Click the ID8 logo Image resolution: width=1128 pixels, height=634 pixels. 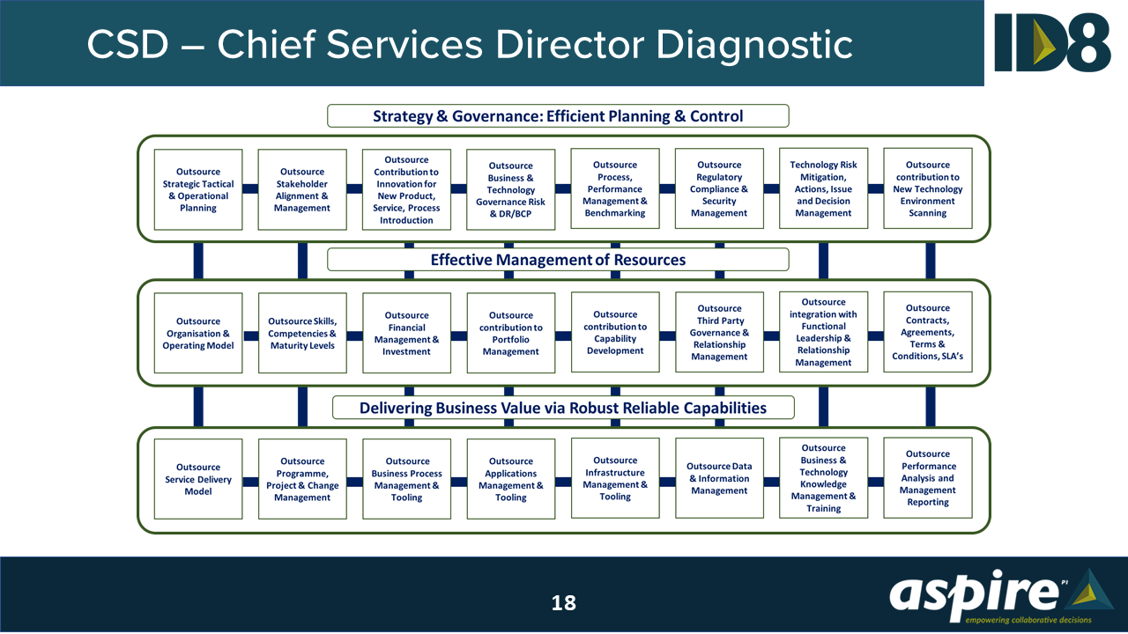[1052, 41]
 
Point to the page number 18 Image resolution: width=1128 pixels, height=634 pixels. [564, 602]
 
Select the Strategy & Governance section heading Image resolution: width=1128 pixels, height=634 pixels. [558, 116]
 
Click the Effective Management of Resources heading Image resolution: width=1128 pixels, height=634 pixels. [558, 260]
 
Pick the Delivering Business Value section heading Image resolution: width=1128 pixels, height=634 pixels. [562, 408]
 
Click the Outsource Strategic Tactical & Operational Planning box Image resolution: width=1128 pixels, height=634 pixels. [198, 190]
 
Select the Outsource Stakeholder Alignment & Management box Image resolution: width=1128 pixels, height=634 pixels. [302, 190]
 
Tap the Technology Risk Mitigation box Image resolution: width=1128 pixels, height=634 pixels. [823, 188]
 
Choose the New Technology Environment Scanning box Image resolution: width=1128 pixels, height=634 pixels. [928, 188]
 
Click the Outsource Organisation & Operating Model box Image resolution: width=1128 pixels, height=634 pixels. [198, 334]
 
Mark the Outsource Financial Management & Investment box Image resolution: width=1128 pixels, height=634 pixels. [406, 334]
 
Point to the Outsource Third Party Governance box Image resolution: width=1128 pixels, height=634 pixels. [719, 333]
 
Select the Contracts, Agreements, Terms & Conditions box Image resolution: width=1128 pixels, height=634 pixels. [928, 333]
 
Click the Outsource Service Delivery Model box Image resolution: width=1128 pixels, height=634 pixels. [198, 479]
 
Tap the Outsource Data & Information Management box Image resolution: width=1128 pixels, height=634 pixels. [719, 479]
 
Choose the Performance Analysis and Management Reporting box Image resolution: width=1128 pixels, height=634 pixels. [928, 478]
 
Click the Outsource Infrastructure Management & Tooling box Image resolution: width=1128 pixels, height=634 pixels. [615, 478]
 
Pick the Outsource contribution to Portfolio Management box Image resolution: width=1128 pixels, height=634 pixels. [511, 334]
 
